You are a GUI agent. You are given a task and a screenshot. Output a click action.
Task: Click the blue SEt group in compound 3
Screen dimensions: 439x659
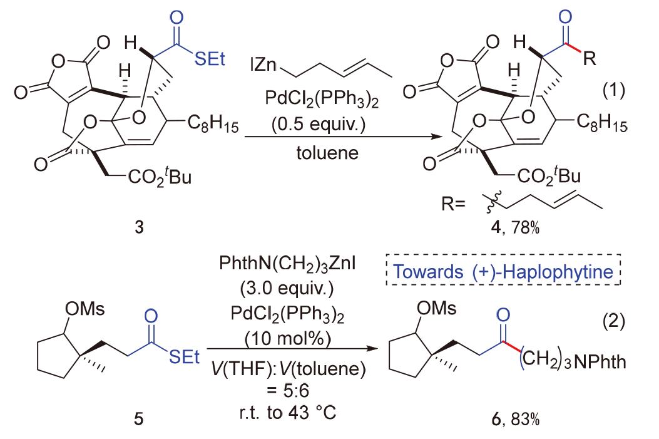[x=208, y=59]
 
